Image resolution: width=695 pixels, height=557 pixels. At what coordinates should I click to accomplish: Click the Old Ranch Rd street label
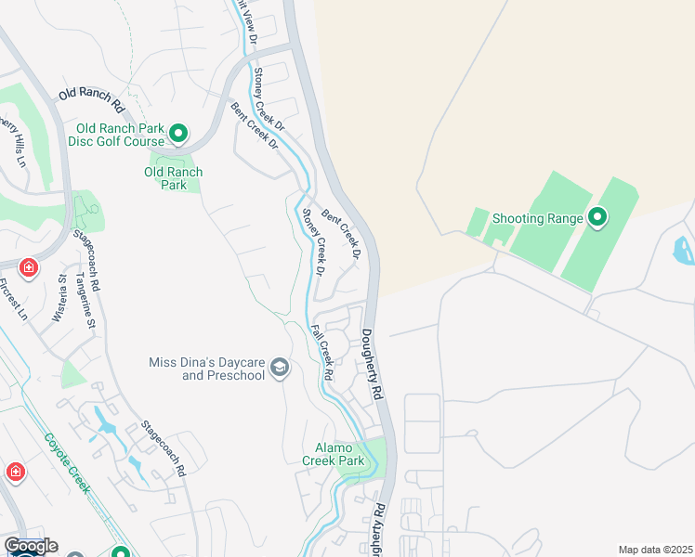click(x=91, y=95)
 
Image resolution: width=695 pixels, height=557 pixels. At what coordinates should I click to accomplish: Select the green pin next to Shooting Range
click(x=597, y=218)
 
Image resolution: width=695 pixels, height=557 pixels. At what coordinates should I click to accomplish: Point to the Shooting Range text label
click(x=538, y=218)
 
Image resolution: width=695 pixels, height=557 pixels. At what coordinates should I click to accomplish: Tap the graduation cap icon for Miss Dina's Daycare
click(x=279, y=369)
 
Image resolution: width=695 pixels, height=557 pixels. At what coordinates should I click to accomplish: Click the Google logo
click(x=30, y=546)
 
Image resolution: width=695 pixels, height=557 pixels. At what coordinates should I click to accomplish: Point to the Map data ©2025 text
click(x=655, y=550)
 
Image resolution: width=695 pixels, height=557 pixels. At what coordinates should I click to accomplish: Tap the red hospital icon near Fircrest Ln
click(x=29, y=268)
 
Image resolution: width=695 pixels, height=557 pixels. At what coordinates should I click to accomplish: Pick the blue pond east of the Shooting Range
click(x=683, y=250)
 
